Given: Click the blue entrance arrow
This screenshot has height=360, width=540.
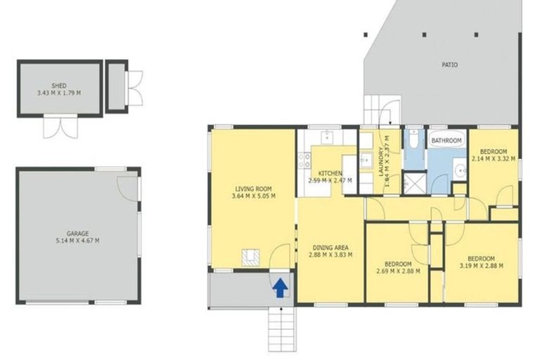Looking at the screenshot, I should pyautogui.click(x=279, y=288).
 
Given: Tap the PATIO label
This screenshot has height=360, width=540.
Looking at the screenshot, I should pyautogui.click(x=449, y=65).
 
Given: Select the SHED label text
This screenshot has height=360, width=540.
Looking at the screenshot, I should pyautogui.click(x=58, y=85).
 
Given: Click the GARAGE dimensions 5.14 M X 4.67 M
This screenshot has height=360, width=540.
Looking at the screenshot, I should pyautogui.click(x=77, y=241).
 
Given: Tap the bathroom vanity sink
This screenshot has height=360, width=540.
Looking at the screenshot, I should pyautogui.click(x=459, y=169).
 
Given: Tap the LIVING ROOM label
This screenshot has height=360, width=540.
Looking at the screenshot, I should pyautogui.click(x=253, y=188).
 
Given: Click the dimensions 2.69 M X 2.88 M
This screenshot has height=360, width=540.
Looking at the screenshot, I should pyautogui.click(x=397, y=271).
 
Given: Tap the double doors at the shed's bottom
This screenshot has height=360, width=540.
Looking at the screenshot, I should pyautogui.click(x=58, y=127).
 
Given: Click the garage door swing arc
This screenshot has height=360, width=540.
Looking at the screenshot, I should pyautogui.click(x=128, y=184).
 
